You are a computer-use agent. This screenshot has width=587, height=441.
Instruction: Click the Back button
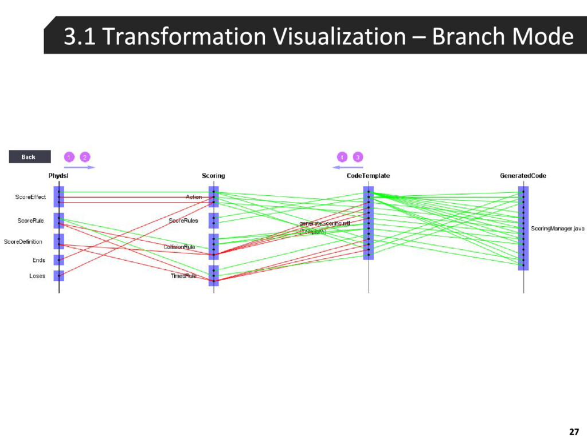coord(29,157)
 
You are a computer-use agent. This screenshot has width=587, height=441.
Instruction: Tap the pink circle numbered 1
coord(69,157)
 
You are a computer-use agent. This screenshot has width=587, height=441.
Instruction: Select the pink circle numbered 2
coord(85,157)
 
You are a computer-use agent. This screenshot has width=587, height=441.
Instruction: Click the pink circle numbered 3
coord(358,157)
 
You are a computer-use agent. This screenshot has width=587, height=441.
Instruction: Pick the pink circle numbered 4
coord(342,157)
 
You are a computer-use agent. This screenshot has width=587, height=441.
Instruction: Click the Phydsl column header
coord(58,176)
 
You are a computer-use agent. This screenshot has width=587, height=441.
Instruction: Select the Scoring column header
coord(213,176)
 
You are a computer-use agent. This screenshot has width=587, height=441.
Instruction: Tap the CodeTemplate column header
coord(368,176)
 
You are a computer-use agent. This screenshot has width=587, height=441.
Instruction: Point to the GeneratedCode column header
coord(523,176)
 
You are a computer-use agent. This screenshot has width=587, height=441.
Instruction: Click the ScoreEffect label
coord(30,198)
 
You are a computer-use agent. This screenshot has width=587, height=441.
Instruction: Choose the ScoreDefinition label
coord(23,242)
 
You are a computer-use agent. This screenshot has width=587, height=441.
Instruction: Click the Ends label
coord(38,260)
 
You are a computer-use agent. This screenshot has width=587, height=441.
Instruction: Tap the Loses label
coord(37,276)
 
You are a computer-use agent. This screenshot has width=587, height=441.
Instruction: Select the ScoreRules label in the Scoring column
coord(183,220)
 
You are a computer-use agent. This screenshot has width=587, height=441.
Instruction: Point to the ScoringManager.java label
coord(557,229)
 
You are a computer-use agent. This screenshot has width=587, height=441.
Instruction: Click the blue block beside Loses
coord(59,276)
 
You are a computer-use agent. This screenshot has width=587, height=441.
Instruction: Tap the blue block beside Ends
coord(59,260)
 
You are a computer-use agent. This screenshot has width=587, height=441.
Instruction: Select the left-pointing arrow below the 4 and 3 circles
coord(348,167)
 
